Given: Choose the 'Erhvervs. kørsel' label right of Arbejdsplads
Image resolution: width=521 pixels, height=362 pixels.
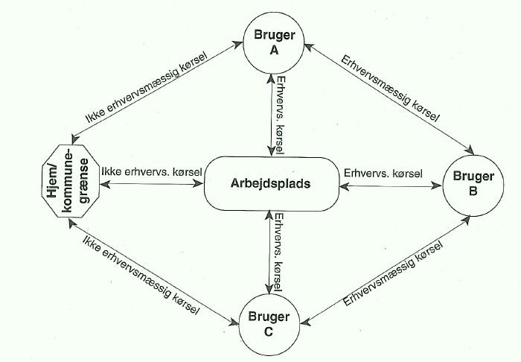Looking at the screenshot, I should (x=383, y=173).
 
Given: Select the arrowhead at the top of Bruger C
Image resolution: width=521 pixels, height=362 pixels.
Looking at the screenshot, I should (x=271, y=289).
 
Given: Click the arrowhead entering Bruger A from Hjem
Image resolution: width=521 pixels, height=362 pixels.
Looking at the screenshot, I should (x=240, y=42).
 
